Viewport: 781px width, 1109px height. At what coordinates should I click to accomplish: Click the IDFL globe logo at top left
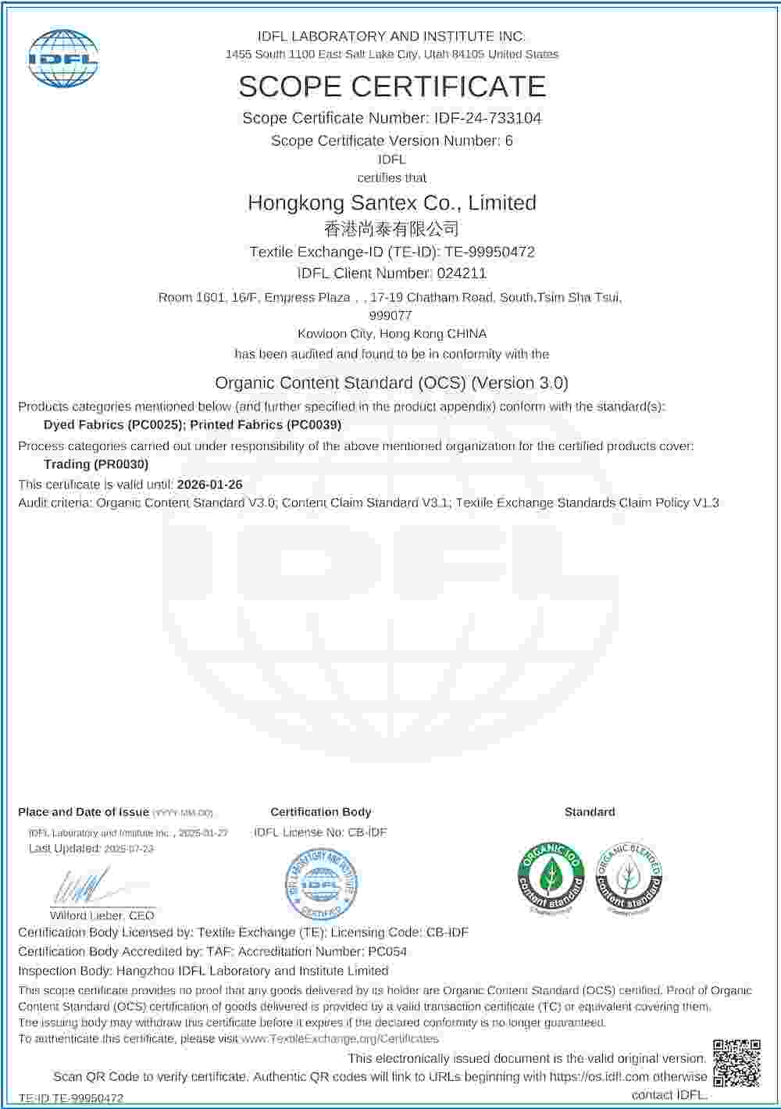click(64, 59)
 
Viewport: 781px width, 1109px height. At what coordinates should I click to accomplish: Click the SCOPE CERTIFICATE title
click(391, 86)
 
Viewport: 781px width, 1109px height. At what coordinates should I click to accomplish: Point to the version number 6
click(508, 141)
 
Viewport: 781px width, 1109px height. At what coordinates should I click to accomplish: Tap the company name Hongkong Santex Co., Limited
click(391, 202)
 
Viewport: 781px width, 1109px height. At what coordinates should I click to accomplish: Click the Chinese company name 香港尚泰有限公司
click(391, 228)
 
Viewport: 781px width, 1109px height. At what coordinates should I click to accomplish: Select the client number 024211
click(462, 273)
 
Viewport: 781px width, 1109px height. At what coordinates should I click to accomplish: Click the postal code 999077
click(390, 316)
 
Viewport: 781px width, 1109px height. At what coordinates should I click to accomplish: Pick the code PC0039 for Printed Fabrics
click(315, 424)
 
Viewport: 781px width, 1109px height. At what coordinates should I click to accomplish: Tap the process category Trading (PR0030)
click(96, 463)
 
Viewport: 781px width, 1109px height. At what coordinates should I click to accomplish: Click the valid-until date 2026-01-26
click(209, 485)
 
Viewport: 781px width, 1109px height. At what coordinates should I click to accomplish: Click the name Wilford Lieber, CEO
click(102, 915)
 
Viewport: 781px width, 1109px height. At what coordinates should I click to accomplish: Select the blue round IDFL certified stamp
click(321, 884)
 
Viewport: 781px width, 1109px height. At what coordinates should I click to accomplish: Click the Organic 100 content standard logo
click(551, 877)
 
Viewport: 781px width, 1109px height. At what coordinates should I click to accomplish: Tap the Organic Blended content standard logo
click(629, 877)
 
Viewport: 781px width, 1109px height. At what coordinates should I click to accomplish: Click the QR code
click(736, 1063)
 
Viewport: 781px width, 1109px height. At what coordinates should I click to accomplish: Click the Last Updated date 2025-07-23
click(129, 849)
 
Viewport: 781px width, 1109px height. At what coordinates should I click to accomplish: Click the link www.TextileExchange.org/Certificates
click(340, 1039)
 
